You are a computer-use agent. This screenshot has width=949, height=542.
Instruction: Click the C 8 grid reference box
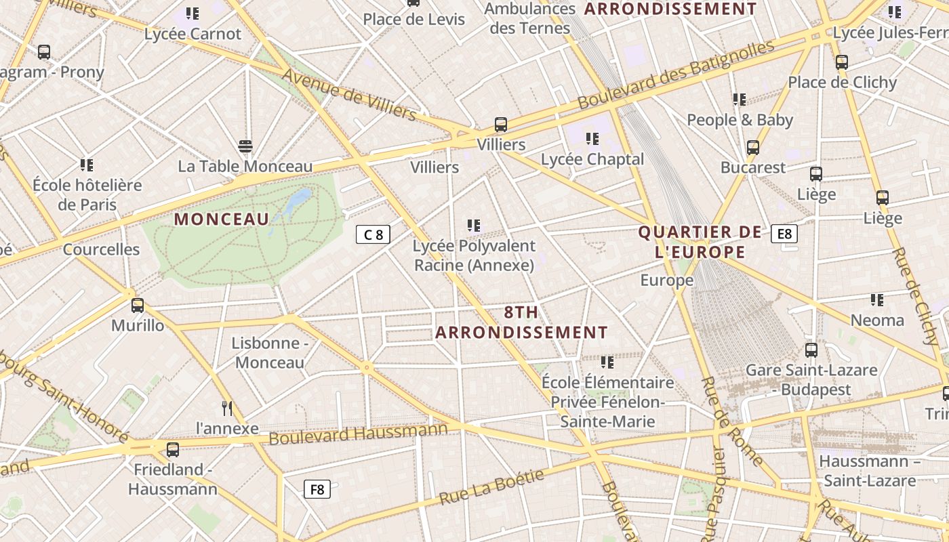(373, 234)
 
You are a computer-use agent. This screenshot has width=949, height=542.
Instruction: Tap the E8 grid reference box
(784, 234)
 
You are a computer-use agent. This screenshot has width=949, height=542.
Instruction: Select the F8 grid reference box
(317, 489)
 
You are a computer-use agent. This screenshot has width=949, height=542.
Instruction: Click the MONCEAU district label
(222, 219)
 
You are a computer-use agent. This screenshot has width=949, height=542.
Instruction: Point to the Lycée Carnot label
(193, 34)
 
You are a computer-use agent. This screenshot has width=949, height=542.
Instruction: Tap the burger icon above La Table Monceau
(245, 146)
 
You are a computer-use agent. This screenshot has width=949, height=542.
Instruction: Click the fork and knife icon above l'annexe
(227, 408)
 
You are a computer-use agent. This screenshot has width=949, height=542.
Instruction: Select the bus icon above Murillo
(138, 305)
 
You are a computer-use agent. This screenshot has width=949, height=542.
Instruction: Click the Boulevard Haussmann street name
(359, 434)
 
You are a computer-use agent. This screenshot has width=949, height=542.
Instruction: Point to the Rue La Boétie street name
(491, 487)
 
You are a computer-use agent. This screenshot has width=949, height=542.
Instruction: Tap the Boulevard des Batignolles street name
(675, 75)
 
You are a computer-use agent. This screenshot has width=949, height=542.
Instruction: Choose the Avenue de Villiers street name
(349, 94)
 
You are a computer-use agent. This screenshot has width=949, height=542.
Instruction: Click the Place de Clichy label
(842, 83)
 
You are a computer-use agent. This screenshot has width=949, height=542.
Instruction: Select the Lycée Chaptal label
(592, 159)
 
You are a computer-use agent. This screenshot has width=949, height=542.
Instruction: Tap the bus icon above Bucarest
(752, 147)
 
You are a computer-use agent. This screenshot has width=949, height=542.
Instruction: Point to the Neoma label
(877, 320)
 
